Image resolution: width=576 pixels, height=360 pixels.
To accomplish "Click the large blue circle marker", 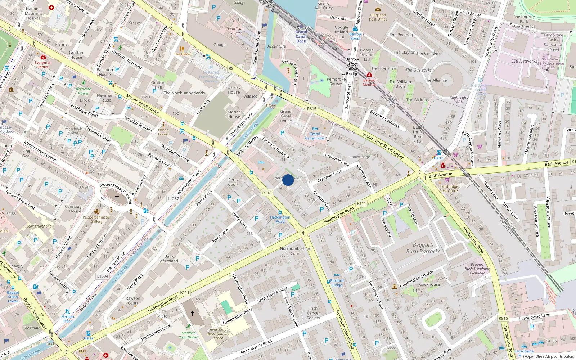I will (x=288, y=180).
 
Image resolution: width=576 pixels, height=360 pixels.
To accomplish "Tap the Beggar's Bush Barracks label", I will (x=423, y=248).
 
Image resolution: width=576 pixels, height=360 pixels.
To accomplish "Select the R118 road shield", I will (x=267, y=193).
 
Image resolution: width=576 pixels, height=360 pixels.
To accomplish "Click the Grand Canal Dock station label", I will (x=301, y=36).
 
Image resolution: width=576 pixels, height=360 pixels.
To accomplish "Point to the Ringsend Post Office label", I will (x=378, y=17).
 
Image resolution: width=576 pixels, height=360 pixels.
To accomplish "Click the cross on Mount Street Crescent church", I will (x=117, y=197).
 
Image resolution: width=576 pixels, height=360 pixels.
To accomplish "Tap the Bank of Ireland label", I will (x=169, y=259).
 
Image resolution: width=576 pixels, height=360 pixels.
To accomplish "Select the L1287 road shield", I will (x=173, y=199).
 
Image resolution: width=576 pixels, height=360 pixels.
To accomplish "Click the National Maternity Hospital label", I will (x=34, y=14).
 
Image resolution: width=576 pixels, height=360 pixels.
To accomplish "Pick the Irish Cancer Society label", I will (x=313, y=313).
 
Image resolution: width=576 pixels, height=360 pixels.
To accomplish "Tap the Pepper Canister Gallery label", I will (x=96, y=219).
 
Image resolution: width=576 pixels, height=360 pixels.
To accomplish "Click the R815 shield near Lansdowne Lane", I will (x=503, y=318).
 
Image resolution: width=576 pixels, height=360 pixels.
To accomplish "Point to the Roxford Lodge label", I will (x=337, y=283).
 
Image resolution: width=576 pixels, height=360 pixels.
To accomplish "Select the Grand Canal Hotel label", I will (x=315, y=136).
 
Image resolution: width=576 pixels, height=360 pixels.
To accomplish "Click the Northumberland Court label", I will (x=296, y=251).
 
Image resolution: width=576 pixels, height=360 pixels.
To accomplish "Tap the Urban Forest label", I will (x=163, y=132).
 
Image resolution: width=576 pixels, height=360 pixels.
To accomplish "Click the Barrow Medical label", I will (x=369, y=82).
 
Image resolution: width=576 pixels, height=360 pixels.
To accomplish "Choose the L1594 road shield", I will (x=103, y=276).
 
